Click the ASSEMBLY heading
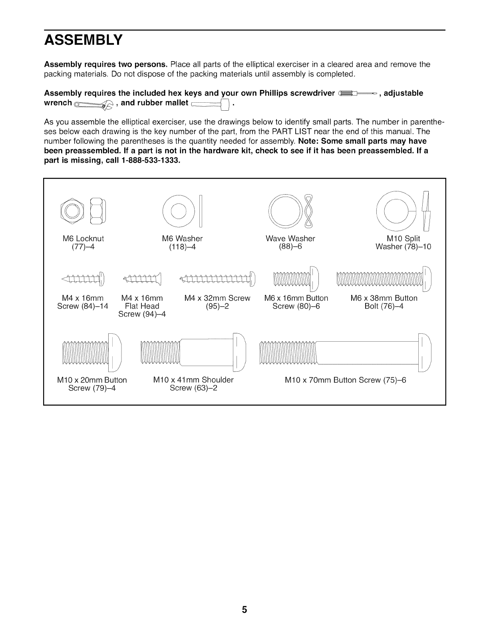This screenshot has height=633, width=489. [x=83, y=40]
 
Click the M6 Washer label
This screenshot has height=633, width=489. [x=182, y=239]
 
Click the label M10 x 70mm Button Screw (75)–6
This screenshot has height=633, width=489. [x=345, y=380]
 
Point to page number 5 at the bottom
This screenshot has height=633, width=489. [x=245, y=610]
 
